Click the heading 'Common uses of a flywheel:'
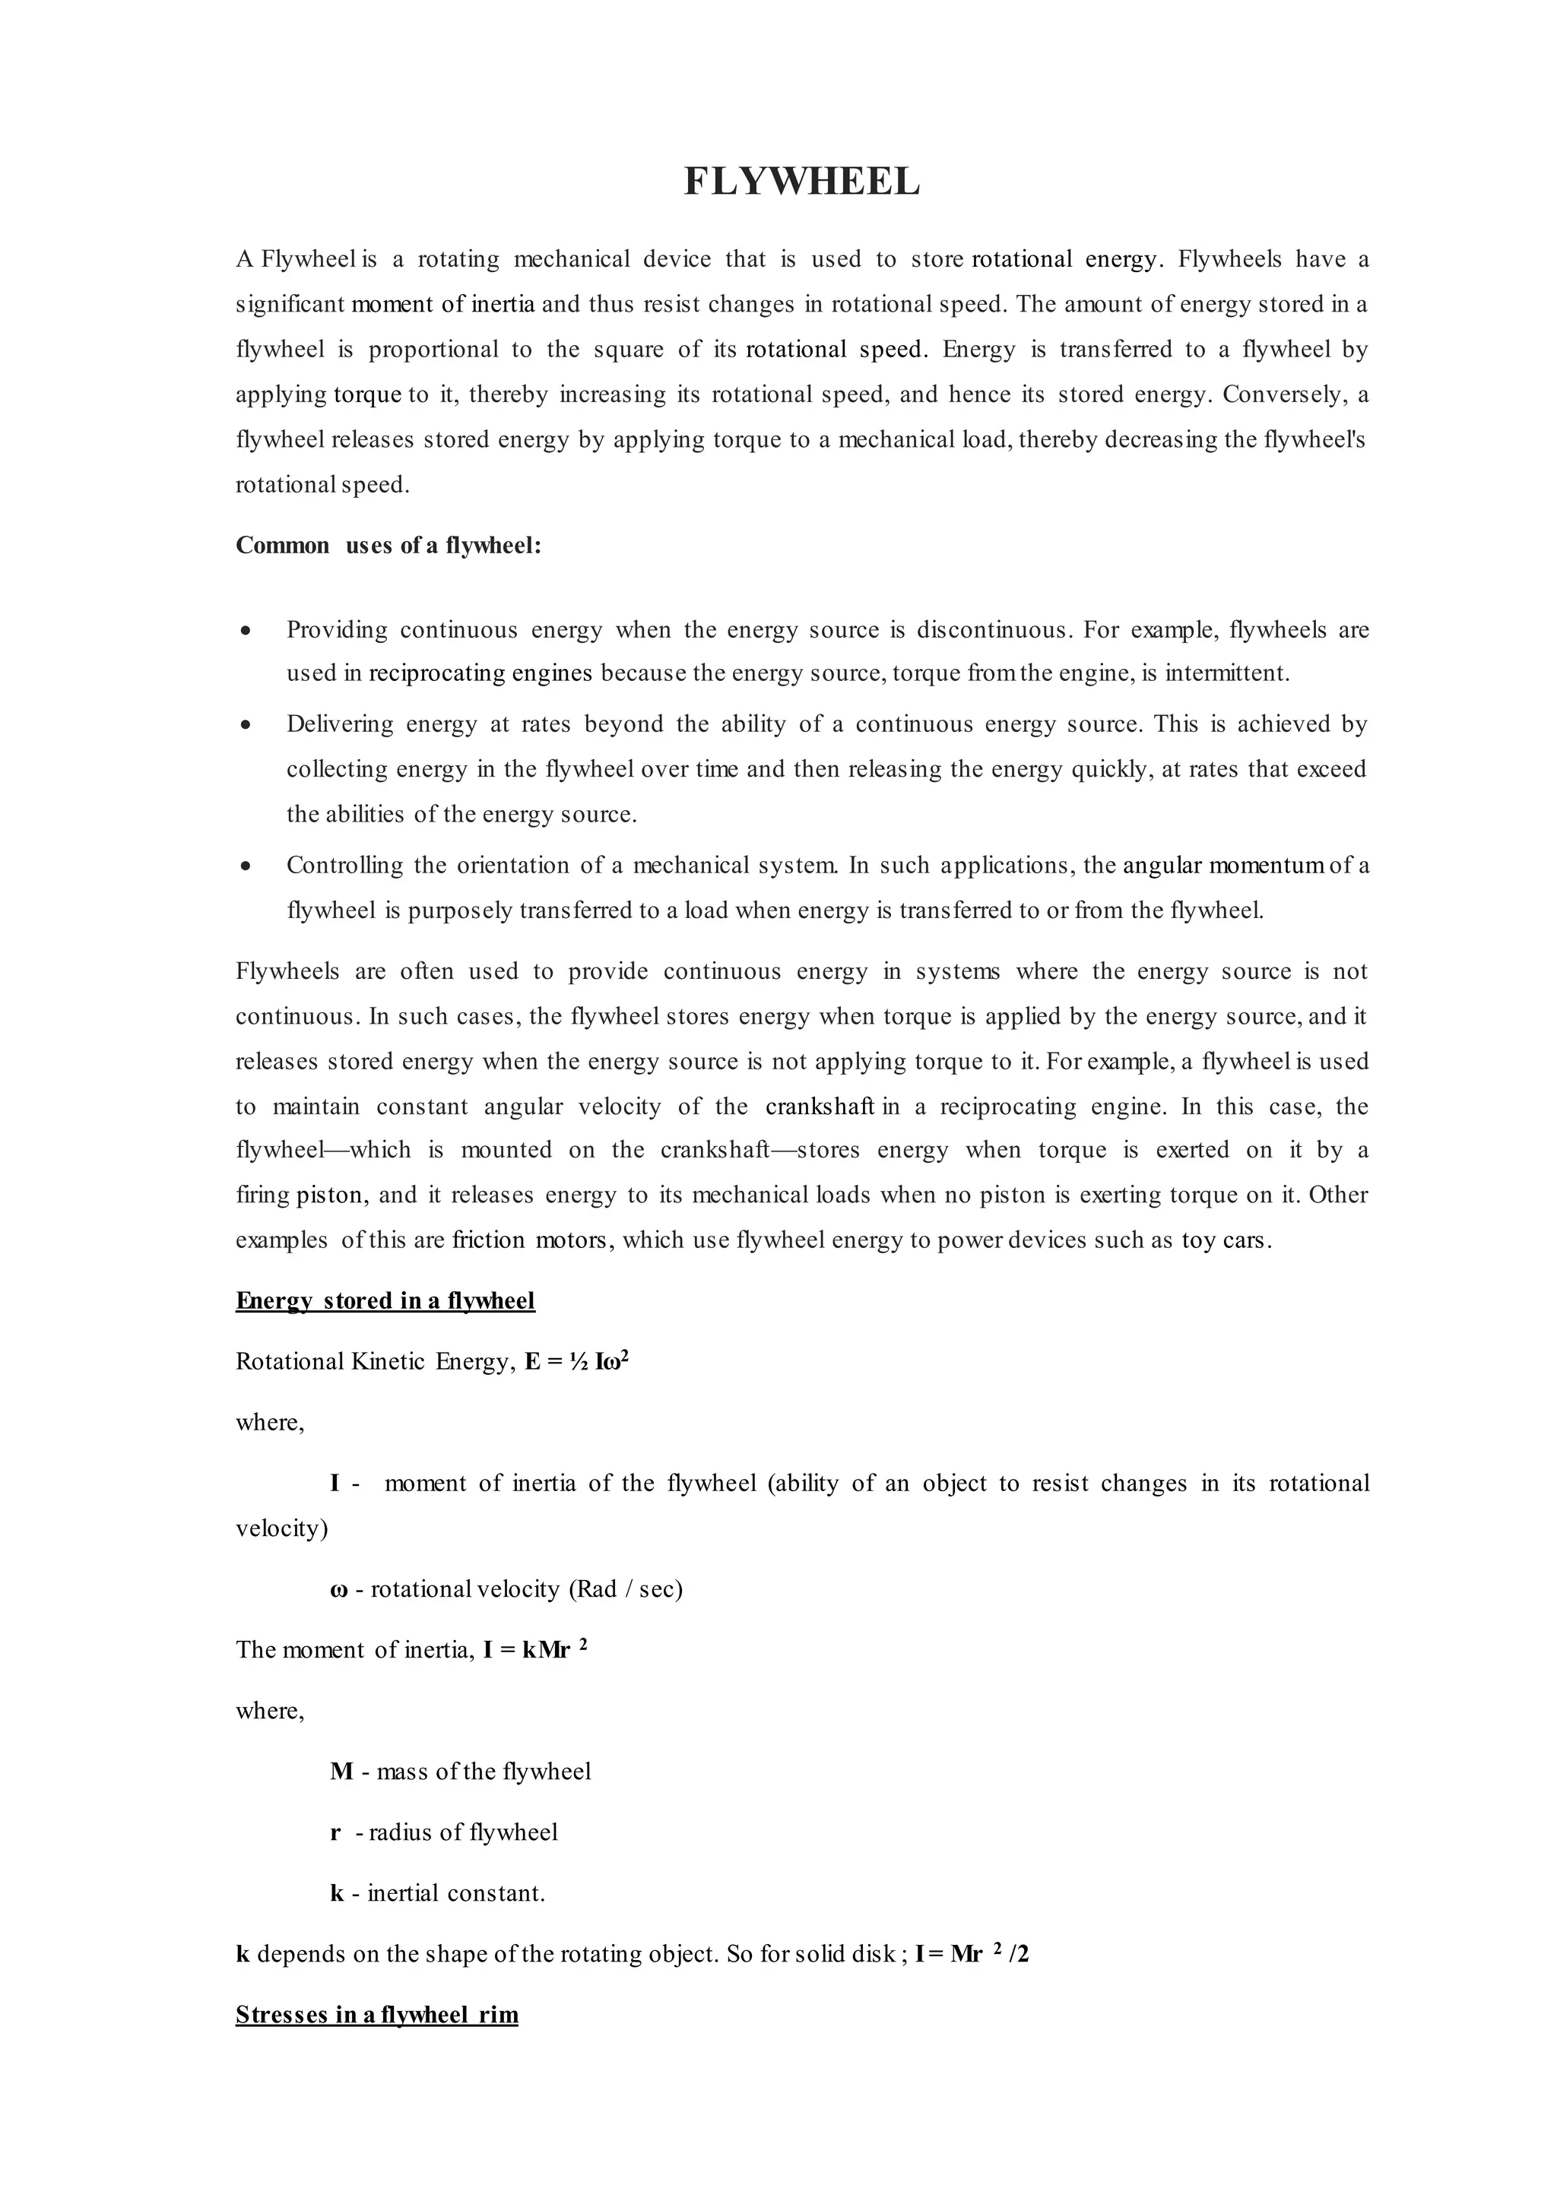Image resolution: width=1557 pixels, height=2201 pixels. click(388, 546)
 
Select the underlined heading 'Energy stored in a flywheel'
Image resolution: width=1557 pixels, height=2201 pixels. click(385, 1301)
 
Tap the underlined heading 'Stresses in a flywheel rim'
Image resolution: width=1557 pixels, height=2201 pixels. click(377, 2014)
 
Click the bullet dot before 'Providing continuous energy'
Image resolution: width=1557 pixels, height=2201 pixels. click(246, 631)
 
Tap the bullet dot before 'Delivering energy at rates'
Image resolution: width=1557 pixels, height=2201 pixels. click(246, 725)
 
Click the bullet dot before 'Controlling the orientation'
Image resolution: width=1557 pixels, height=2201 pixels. click(246, 866)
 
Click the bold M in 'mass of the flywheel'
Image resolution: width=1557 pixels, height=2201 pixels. click(341, 1772)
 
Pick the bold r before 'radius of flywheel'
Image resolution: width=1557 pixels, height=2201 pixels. click(335, 1833)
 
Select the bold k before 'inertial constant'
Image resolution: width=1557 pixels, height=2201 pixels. click(337, 1893)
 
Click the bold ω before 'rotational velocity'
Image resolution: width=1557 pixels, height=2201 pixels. click(338, 1589)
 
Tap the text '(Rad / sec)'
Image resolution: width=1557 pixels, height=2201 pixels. click(625, 1589)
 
